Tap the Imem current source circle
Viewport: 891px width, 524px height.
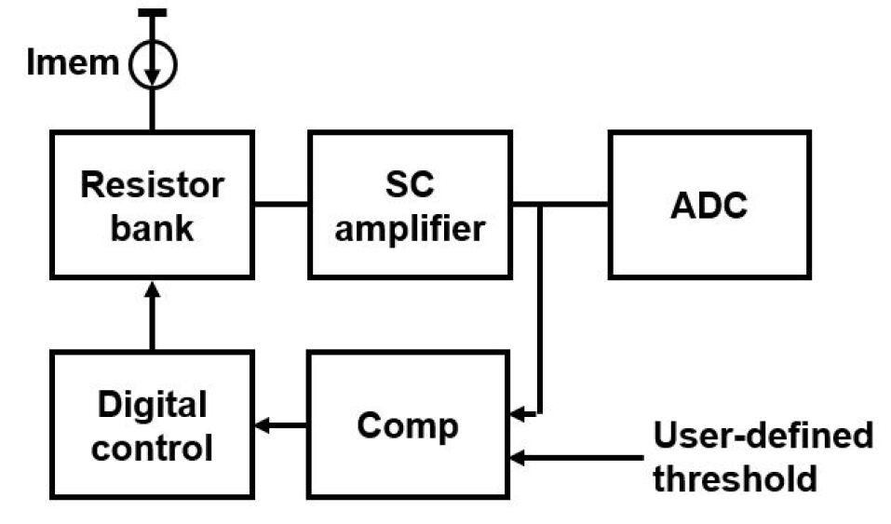(x=153, y=64)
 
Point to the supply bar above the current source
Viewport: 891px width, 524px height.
(x=152, y=12)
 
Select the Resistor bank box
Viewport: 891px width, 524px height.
(x=152, y=204)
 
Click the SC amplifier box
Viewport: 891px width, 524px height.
(x=410, y=204)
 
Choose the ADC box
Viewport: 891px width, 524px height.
(x=709, y=204)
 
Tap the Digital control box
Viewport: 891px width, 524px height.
(x=152, y=424)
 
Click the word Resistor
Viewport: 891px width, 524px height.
(x=152, y=184)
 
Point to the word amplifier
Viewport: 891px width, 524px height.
(x=410, y=227)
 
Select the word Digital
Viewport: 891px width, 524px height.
(x=152, y=406)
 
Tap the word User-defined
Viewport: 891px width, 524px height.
(x=763, y=436)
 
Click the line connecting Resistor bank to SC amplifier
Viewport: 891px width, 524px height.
(x=281, y=204)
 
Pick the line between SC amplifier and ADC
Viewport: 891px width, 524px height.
(x=560, y=204)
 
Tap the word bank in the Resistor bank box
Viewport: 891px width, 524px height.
(x=152, y=227)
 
